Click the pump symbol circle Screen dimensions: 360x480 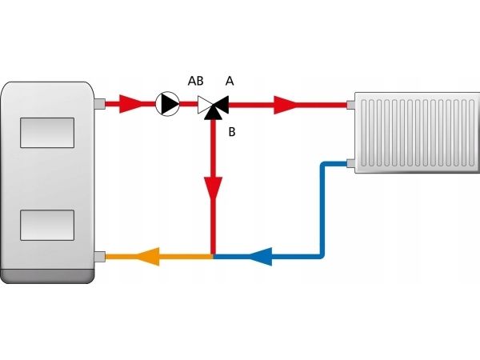click(168, 102)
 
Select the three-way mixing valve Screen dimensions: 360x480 click(213, 104)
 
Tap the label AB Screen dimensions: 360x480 click(194, 81)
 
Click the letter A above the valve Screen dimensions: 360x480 click(230, 81)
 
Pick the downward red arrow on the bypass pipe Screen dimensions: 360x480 click(213, 188)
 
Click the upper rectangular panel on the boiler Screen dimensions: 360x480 click(48, 131)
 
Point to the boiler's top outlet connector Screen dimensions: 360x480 click(99, 103)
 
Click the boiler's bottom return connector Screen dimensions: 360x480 click(99, 257)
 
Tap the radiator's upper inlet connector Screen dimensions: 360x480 click(351, 102)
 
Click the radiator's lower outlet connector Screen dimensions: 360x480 click(351, 165)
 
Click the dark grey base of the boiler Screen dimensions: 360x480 click(48, 276)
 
